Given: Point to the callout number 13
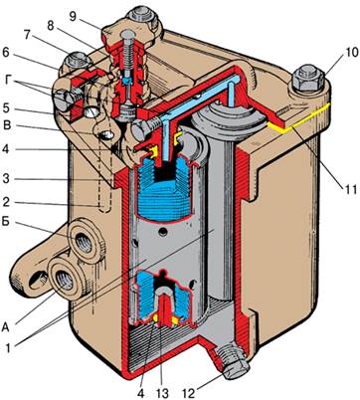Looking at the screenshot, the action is point(162,393).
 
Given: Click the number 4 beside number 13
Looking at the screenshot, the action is point(140,393).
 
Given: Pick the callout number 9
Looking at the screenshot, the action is point(73,16).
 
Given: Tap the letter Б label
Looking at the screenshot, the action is point(5,221).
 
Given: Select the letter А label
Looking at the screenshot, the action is point(6,327).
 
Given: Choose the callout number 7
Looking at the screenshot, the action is point(28,34).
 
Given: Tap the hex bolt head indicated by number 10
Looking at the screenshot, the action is point(308,79).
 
